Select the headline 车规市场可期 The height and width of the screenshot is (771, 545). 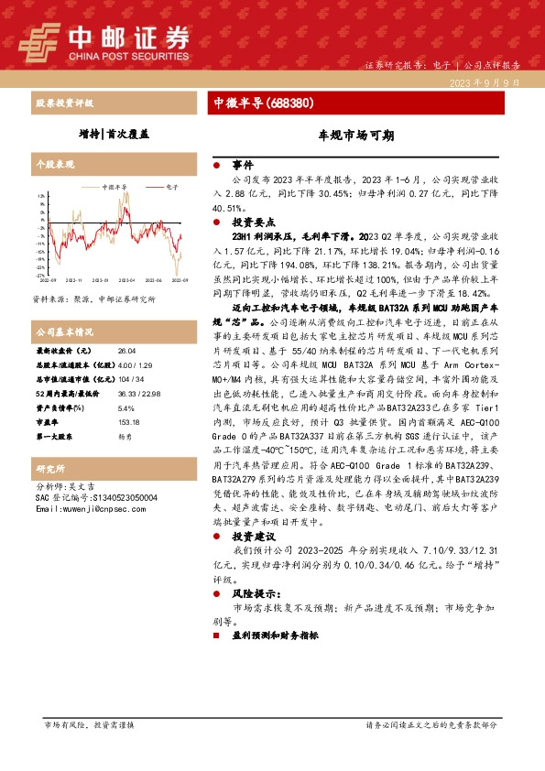(355, 135)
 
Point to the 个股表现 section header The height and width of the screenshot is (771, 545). (54, 165)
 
